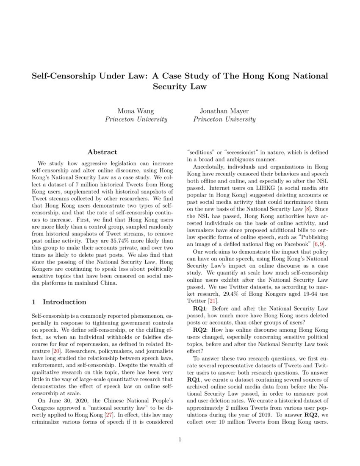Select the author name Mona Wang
click(136, 111)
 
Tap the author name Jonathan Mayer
click(224, 111)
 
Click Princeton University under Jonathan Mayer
click(224, 119)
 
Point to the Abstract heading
click(102, 152)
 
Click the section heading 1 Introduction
click(59, 302)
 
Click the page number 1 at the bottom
click(180, 440)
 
